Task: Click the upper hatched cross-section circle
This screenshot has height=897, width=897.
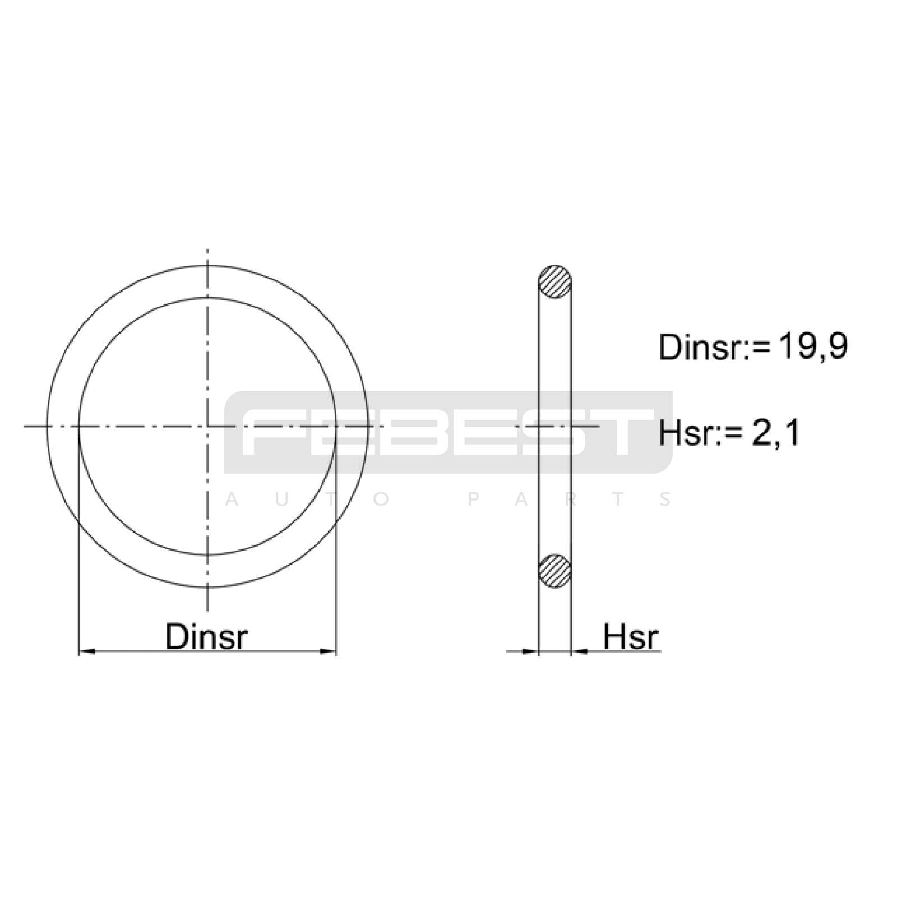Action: [555, 281]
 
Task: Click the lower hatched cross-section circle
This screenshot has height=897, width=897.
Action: [555, 571]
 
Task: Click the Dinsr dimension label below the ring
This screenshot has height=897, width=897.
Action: [206, 637]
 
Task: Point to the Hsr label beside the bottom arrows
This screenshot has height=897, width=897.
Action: [631, 637]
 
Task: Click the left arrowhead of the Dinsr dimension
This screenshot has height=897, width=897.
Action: [87, 651]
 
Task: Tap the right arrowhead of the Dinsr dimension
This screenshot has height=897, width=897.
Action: [327, 651]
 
